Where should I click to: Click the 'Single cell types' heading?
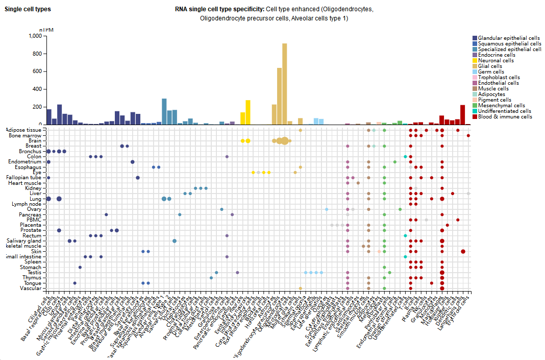pyautogui.click(x=28, y=9)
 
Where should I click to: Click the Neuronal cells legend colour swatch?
pyautogui.click(x=475, y=61)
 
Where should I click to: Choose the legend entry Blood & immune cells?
pyautogui.click(x=505, y=116)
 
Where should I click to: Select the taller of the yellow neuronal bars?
pyautogui.click(x=248, y=112)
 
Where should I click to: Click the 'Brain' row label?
pyautogui.click(x=35, y=141)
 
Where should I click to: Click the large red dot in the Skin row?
pyautogui.click(x=463, y=251)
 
